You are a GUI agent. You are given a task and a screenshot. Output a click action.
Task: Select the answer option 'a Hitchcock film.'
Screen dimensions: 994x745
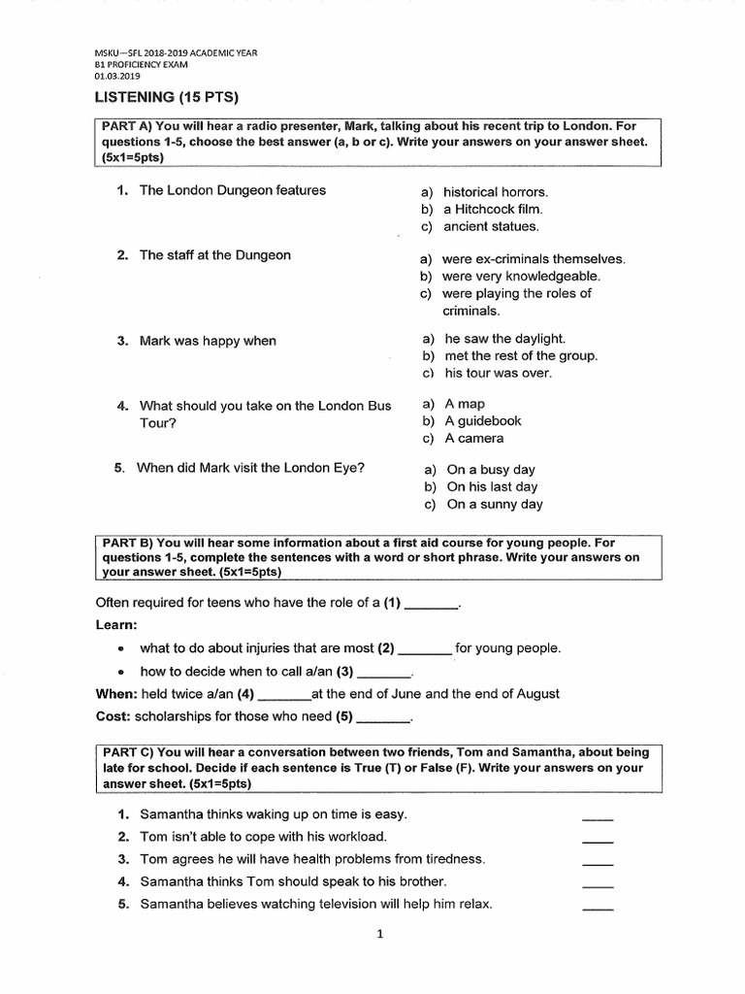[x=493, y=209]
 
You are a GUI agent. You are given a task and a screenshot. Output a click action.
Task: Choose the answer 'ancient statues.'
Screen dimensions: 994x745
[x=490, y=226]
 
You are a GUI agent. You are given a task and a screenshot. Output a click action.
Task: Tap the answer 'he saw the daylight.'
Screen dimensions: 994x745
[x=504, y=339]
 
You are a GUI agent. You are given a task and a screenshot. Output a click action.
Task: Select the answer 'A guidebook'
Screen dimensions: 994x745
[x=483, y=420]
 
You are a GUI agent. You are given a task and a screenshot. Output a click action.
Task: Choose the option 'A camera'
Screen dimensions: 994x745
[x=474, y=438]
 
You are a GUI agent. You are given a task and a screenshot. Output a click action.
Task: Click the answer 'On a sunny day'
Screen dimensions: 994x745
[x=495, y=504]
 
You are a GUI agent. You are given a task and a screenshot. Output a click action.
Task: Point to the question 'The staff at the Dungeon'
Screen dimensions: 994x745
[x=214, y=255]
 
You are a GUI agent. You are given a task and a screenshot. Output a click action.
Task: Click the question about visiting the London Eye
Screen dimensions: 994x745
[x=250, y=467]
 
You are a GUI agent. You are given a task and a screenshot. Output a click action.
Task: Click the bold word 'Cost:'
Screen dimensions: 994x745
[x=113, y=717]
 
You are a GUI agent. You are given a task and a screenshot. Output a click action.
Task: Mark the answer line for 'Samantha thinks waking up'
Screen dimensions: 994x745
[x=598, y=817]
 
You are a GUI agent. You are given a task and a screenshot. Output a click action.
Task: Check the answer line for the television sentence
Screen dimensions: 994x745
[x=598, y=907]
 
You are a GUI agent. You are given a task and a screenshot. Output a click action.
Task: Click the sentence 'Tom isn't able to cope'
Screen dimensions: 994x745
[x=263, y=836]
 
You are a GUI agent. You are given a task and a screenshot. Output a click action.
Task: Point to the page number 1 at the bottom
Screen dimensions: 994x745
[x=380, y=935]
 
